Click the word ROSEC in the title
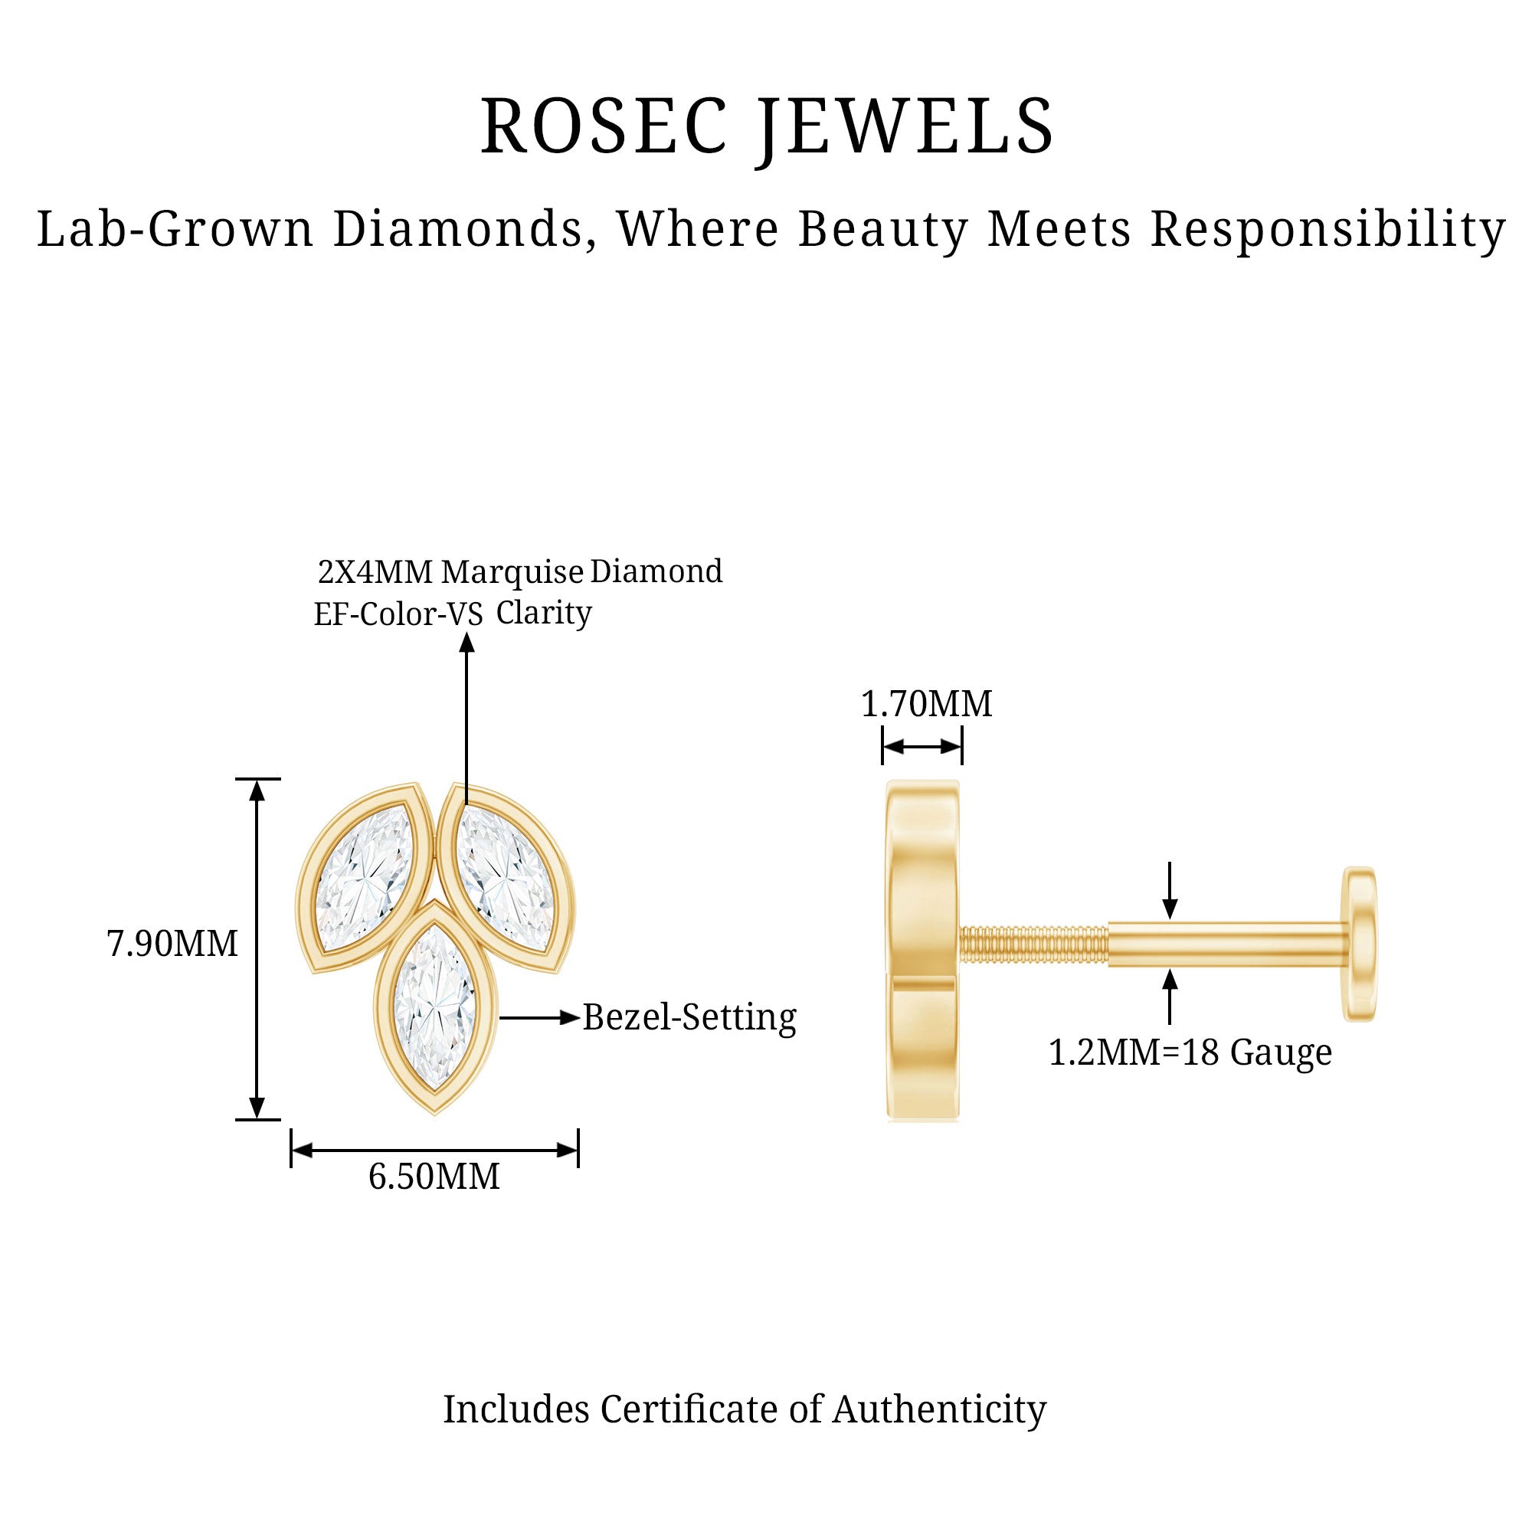604,127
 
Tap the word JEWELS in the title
905,127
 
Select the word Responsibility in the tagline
1327,230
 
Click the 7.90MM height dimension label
172,944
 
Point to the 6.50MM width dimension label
434,1177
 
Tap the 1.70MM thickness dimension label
926,704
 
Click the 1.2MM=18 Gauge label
1190,1053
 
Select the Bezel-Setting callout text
689,1017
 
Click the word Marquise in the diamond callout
512,571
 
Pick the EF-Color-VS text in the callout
398,614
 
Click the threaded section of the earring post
1033,944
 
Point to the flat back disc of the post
1359,944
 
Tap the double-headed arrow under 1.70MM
922,746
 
